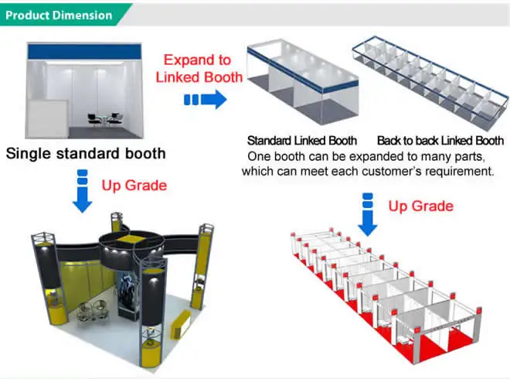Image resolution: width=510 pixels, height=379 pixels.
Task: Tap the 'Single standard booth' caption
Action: [86, 153]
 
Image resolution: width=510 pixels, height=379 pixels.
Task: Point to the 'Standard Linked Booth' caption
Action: [301, 141]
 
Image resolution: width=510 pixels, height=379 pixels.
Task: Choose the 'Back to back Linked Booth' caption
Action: [440, 141]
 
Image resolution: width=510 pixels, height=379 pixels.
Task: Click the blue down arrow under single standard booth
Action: [83, 194]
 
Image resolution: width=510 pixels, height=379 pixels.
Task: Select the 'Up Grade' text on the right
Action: [420, 207]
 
